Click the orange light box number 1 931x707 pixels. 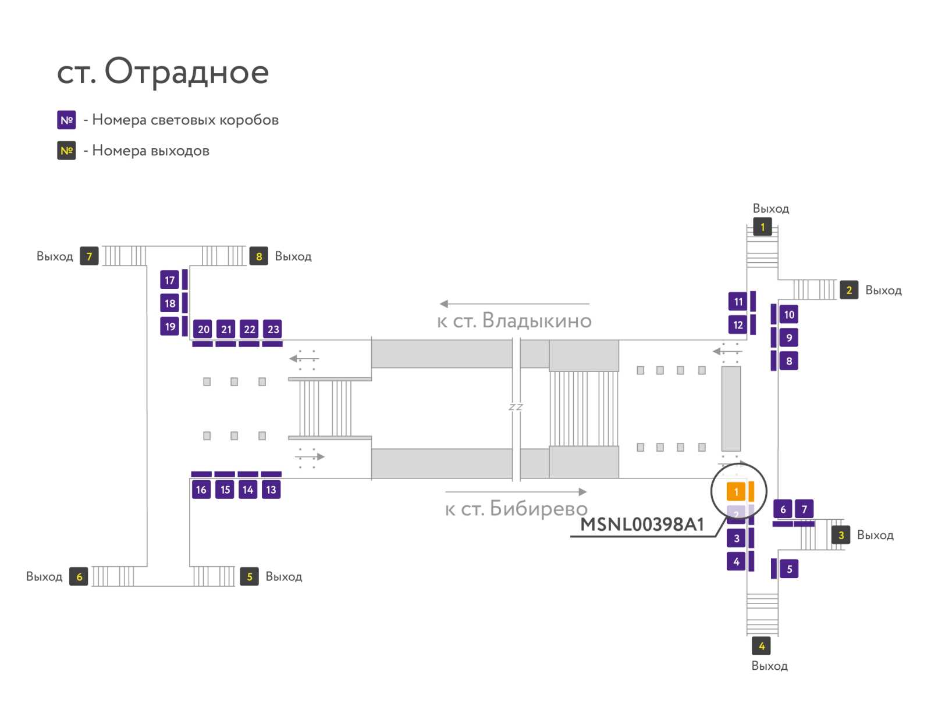735,491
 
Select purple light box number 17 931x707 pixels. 169,280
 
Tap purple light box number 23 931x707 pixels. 273,328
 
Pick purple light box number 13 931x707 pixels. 271,490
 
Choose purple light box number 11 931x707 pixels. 738,302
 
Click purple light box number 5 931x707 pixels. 789,569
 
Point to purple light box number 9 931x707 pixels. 789,338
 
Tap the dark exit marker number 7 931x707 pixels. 89,256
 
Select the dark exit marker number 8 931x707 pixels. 259,256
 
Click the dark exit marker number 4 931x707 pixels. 761,646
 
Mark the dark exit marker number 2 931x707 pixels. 849,290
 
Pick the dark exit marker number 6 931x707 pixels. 79,576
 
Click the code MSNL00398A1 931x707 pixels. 642,524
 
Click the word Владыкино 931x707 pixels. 537,321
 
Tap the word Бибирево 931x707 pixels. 539,508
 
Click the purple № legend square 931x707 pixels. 66,120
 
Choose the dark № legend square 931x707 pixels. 66,151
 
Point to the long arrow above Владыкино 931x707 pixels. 514,303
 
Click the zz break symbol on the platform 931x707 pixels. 516,406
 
